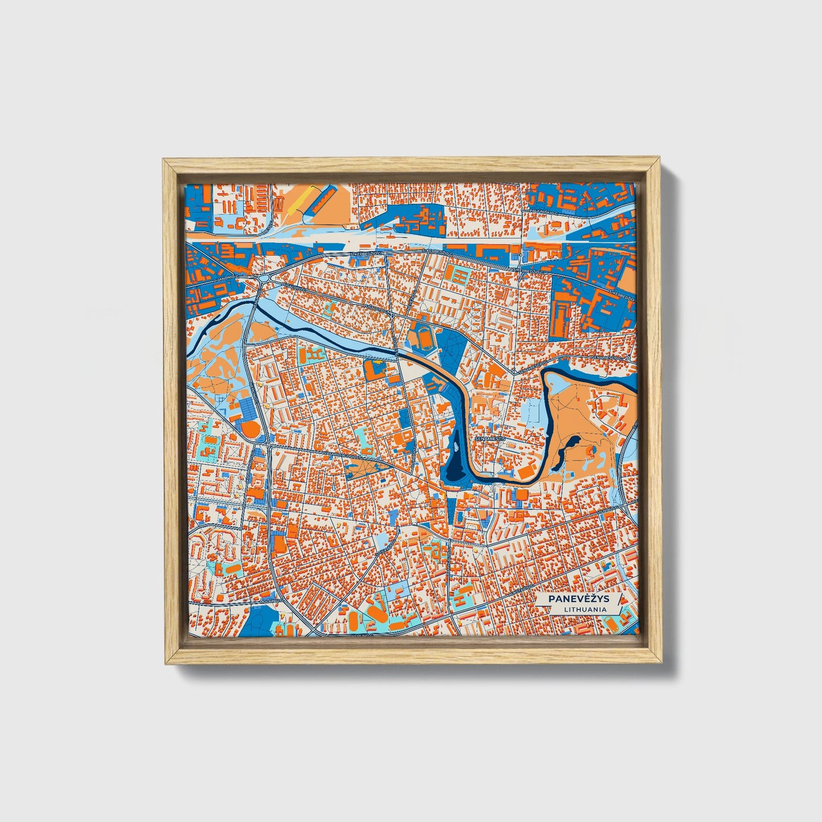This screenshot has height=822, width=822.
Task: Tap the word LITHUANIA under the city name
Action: [x=585, y=609]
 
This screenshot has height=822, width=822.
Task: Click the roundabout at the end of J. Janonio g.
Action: [x=266, y=278]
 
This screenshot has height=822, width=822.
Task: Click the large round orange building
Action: [x=249, y=428]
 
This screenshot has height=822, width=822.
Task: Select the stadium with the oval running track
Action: [x=427, y=339]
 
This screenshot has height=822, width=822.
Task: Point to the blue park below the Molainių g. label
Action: [x=262, y=619]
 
